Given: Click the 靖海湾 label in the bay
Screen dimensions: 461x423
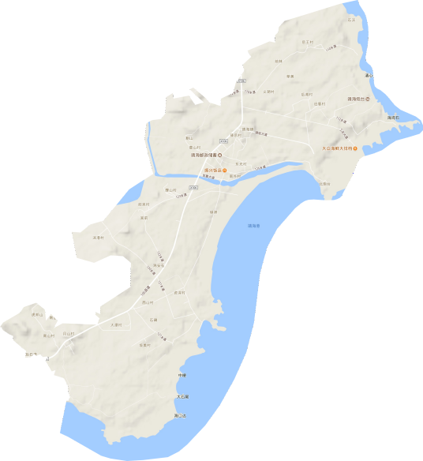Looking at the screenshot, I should pos(254,226).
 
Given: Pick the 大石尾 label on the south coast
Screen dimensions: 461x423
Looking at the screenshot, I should pos(182,397).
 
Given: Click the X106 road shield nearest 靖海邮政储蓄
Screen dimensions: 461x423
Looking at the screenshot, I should pos(223,141).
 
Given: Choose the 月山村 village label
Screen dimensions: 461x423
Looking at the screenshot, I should pos(69,334).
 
